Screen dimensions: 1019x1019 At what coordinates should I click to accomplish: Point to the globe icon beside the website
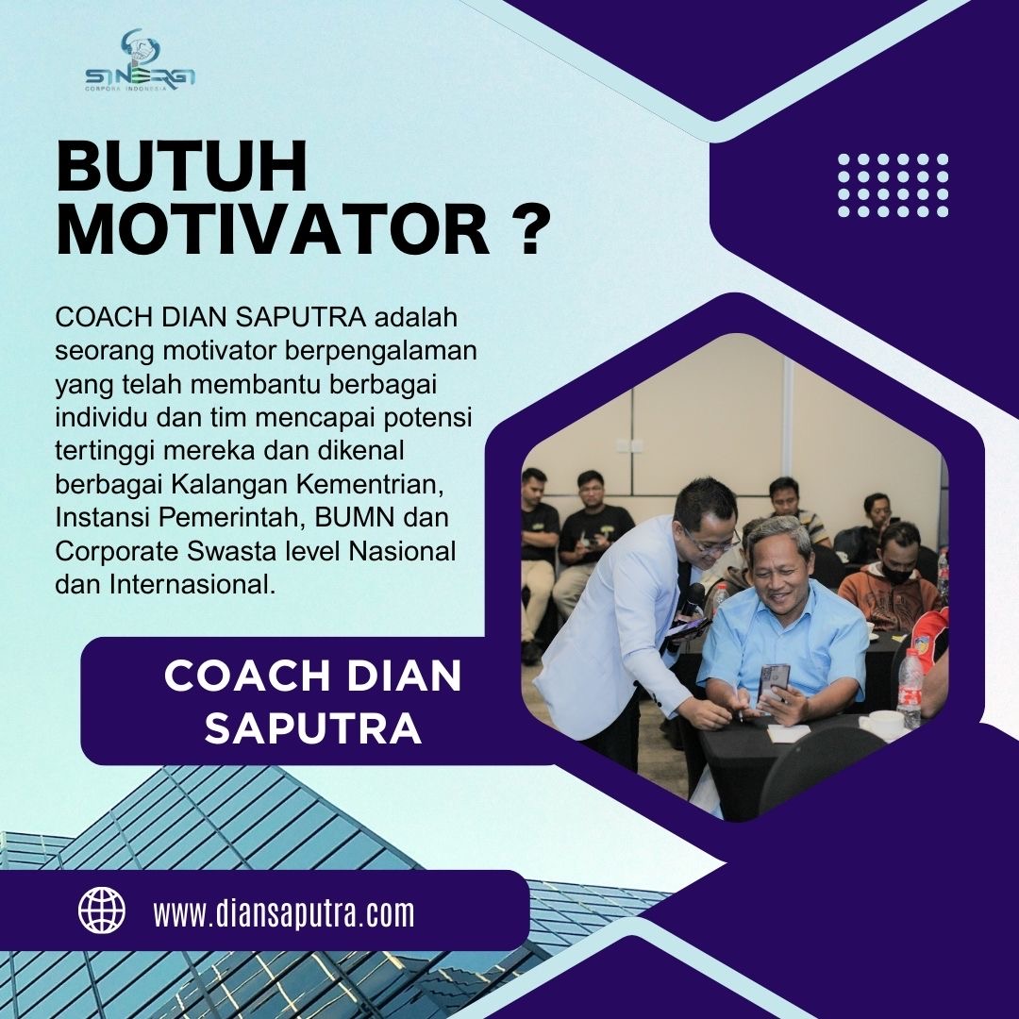102,910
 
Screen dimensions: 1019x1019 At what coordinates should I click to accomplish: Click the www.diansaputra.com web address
284,912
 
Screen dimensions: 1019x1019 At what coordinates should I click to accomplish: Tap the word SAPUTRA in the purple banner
313,728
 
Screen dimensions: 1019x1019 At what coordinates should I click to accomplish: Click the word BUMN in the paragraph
355,517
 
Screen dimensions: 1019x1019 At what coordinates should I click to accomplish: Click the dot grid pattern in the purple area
893,185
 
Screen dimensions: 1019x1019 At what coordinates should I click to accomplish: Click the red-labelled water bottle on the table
910,688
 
